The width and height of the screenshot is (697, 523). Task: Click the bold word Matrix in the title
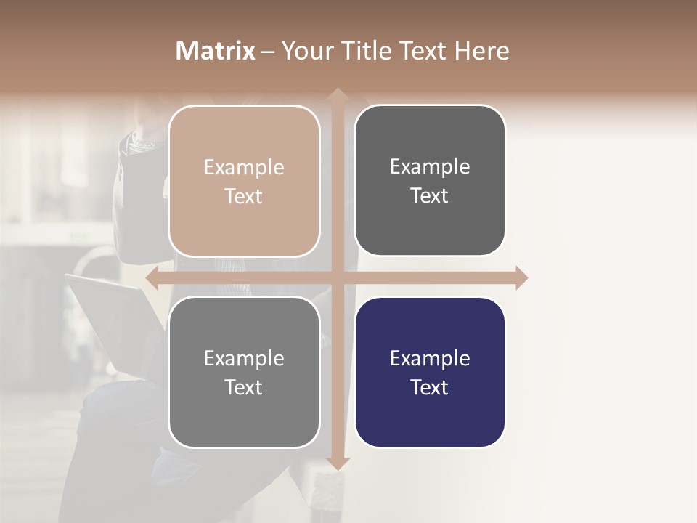point(216,51)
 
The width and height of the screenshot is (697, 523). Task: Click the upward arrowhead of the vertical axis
point(337,94)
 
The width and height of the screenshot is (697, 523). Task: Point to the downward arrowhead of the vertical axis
point(337,463)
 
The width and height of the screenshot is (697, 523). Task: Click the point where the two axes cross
point(337,277)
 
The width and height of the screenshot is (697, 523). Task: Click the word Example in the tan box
point(244,168)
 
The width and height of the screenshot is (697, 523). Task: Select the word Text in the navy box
point(430,387)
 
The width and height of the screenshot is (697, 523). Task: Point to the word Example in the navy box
point(430,358)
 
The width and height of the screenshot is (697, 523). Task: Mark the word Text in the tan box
point(244,197)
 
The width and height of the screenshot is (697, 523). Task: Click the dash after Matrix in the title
point(268,52)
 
